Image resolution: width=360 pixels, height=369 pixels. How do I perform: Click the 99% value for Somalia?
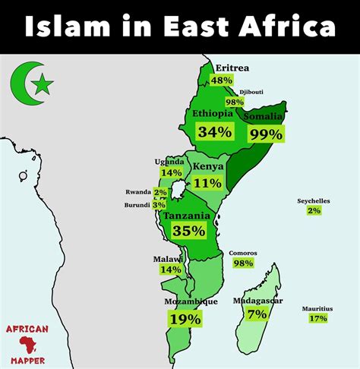coord(265,134)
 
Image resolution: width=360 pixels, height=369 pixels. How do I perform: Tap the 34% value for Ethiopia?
coord(214,131)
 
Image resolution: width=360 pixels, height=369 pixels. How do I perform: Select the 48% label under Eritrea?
coord(221,80)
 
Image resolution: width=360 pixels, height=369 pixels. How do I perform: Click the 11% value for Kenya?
coord(207,182)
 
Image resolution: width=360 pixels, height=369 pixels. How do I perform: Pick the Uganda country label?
coord(170,161)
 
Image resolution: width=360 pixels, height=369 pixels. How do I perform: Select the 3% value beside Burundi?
coord(159,205)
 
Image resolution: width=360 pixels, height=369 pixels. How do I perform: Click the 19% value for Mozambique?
coord(185,319)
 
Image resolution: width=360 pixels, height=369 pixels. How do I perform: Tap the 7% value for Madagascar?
coord(257,313)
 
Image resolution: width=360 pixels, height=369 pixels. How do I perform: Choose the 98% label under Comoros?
coord(243,263)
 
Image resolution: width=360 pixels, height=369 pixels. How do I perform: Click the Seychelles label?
coord(314,200)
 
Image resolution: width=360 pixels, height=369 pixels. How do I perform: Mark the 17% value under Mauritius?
coord(318,318)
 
